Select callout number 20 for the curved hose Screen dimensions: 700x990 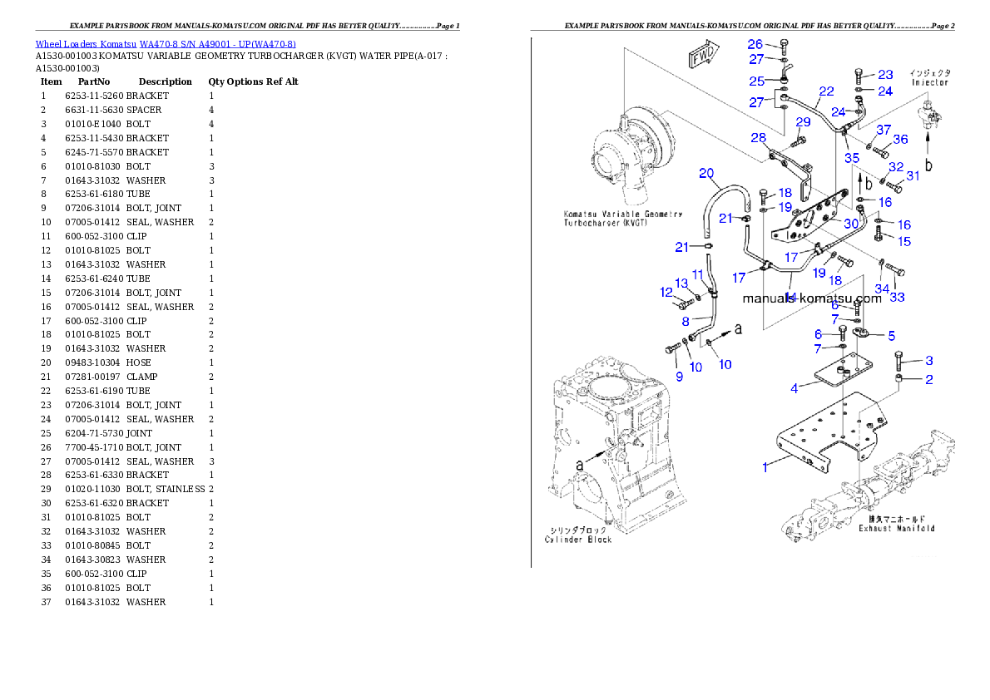point(706,174)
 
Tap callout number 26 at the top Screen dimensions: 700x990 point(755,44)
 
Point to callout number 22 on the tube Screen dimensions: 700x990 point(825,91)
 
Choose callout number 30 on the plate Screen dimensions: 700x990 point(850,223)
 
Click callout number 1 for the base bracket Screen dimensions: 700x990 point(765,467)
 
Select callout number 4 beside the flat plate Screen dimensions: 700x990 point(794,387)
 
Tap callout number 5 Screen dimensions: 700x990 point(891,336)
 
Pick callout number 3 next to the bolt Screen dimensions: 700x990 point(928,360)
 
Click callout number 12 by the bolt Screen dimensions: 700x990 point(666,292)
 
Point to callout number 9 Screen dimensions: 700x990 point(679,377)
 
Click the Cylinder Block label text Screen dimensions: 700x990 point(578,539)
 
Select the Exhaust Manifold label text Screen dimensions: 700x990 point(897,528)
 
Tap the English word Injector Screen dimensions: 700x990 point(929,83)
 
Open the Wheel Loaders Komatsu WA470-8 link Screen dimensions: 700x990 point(165,43)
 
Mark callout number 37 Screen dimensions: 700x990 point(883,130)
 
